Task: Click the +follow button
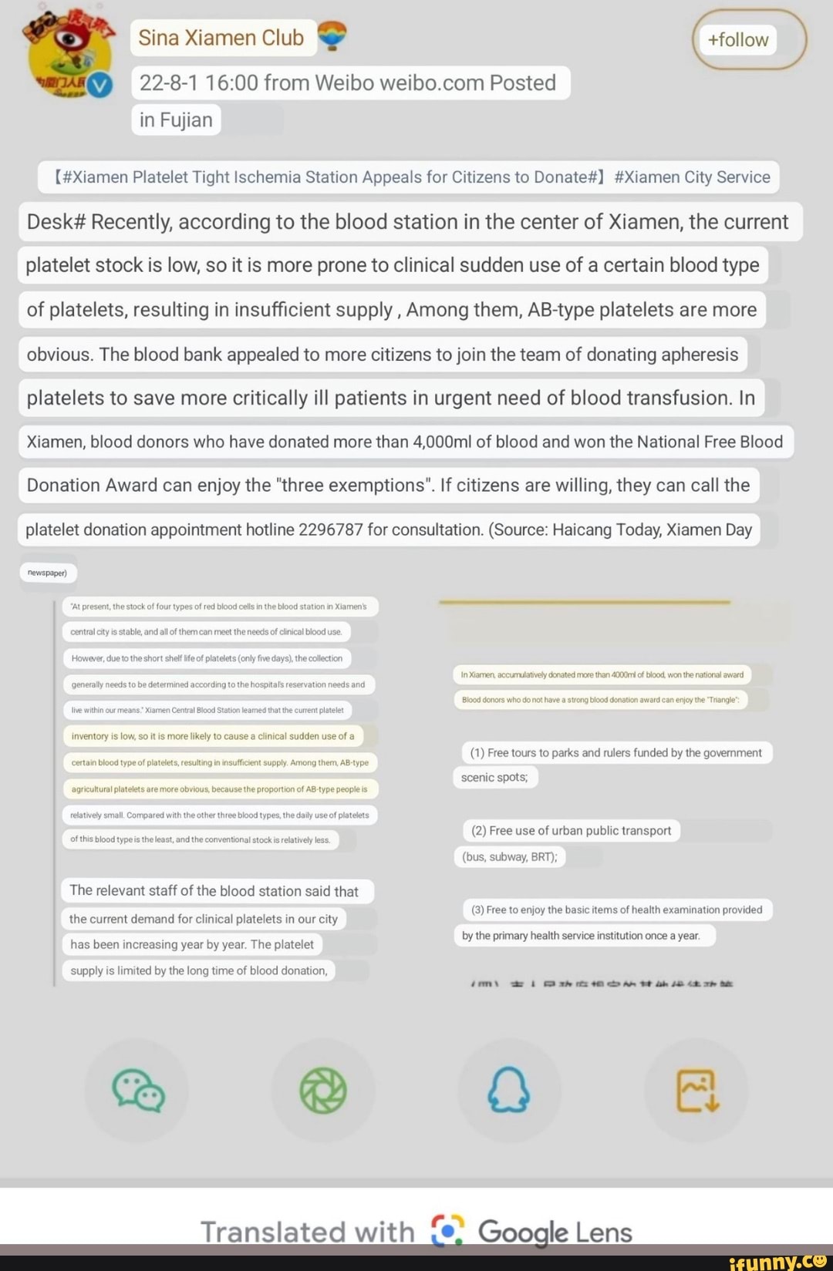click(x=739, y=40)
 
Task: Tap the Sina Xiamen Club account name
click(x=221, y=38)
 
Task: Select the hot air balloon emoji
click(x=332, y=35)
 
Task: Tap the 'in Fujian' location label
click(x=176, y=120)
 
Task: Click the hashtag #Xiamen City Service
click(x=692, y=177)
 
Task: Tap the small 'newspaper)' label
click(x=47, y=573)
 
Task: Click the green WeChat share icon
click(x=138, y=1091)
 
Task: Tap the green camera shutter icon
click(x=323, y=1091)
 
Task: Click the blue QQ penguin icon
click(x=509, y=1091)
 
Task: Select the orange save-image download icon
click(x=696, y=1091)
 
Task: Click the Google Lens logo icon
click(x=447, y=1231)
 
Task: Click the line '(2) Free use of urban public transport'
click(x=571, y=831)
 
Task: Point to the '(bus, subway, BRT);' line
click(x=509, y=857)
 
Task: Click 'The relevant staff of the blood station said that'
click(x=214, y=891)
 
